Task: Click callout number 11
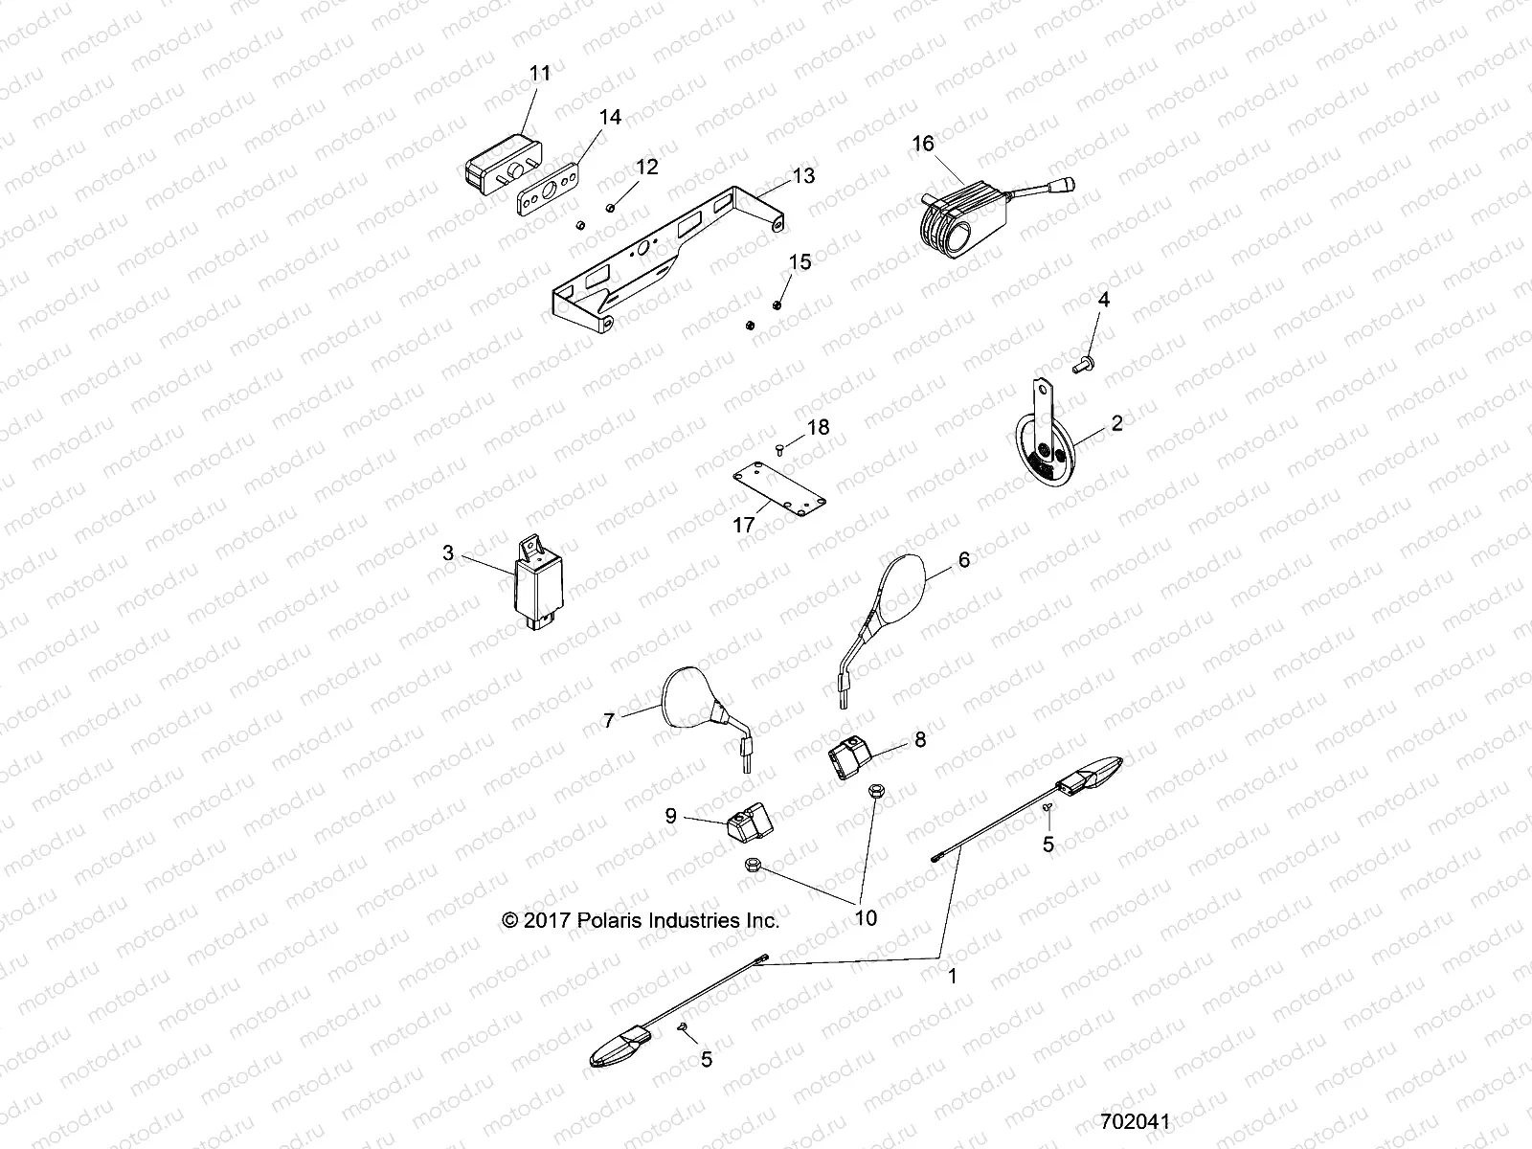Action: (540, 73)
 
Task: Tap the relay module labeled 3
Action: (541, 587)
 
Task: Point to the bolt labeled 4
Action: (1084, 364)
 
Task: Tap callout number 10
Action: (865, 918)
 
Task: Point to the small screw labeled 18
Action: (778, 449)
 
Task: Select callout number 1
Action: (952, 979)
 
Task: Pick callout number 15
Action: (800, 262)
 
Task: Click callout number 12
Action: (646, 168)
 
